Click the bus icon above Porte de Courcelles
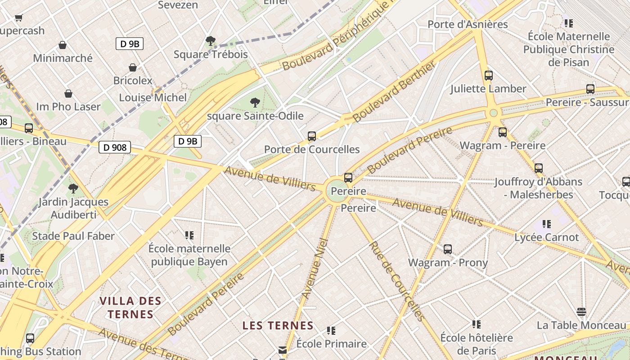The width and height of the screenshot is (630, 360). [x=311, y=136]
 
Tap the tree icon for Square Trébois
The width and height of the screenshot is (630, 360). [x=210, y=41]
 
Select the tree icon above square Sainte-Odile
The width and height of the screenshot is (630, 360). [x=255, y=103]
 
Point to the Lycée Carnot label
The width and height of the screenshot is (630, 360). [x=547, y=237]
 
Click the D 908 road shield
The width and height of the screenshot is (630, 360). [x=114, y=147]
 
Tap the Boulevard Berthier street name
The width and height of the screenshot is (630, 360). [x=394, y=92]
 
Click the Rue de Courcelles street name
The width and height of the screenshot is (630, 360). [x=397, y=281]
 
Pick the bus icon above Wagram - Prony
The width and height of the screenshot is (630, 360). [x=447, y=249]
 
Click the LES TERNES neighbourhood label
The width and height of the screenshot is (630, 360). [x=278, y=325]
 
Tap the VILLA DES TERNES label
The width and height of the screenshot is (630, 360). [x=130, y=307]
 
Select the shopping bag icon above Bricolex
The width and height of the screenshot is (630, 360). [x=133, y=67]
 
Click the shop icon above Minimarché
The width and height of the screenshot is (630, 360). [x=63, y=45]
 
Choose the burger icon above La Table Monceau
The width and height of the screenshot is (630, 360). [x=581, y=312]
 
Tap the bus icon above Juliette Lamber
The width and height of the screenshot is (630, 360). [x=489, y=76]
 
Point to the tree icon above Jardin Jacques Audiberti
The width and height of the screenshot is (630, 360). [x=73, y=189]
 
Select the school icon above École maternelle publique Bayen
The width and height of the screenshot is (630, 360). [x=189, y=235]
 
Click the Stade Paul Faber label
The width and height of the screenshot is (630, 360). [x=73, y=236]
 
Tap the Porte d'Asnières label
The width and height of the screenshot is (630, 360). [x=468, y=24]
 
